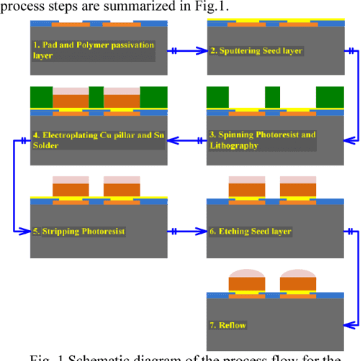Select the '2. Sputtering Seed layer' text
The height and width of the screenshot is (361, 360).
point(246,51)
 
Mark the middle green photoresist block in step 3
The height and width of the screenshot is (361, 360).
point(272,96)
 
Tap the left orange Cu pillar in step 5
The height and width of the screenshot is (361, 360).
point(71,189)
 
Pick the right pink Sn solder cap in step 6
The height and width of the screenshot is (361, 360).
point(298,179)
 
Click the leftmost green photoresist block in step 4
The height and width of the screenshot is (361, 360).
point(41,96)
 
